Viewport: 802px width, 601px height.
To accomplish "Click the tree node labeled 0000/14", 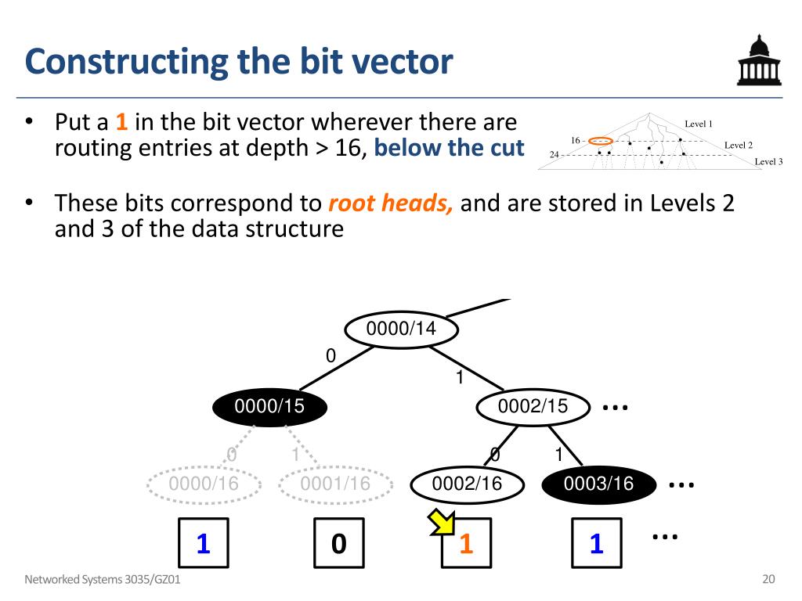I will click(x=400, y=329).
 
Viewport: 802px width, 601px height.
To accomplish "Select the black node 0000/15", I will click(x=269, y=405).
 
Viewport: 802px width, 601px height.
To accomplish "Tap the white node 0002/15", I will click(x=533, y=405).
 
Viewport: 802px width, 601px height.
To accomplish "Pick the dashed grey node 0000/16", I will click(x=204, y=484).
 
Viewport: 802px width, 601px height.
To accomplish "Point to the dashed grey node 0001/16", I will click(x=334, y=484).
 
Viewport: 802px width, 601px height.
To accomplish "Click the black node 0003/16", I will click(x=598, y=484).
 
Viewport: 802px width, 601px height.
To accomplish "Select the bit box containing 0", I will click(x=338, y=542).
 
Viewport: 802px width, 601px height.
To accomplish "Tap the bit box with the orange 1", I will click(x=467, y=542).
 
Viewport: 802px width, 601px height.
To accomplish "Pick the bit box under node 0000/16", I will click(x=204, y=542).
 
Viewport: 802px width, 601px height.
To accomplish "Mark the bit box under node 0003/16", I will click(x=597, y=542).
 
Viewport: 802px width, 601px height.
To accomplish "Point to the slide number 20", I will click(x=768, y=580).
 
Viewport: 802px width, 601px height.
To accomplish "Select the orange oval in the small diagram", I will click(x=601, y=141).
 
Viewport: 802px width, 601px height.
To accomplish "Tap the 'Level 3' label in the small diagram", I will click(x=768, y=162).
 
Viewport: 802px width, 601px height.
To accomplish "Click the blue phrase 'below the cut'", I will click(x=449, y=148).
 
